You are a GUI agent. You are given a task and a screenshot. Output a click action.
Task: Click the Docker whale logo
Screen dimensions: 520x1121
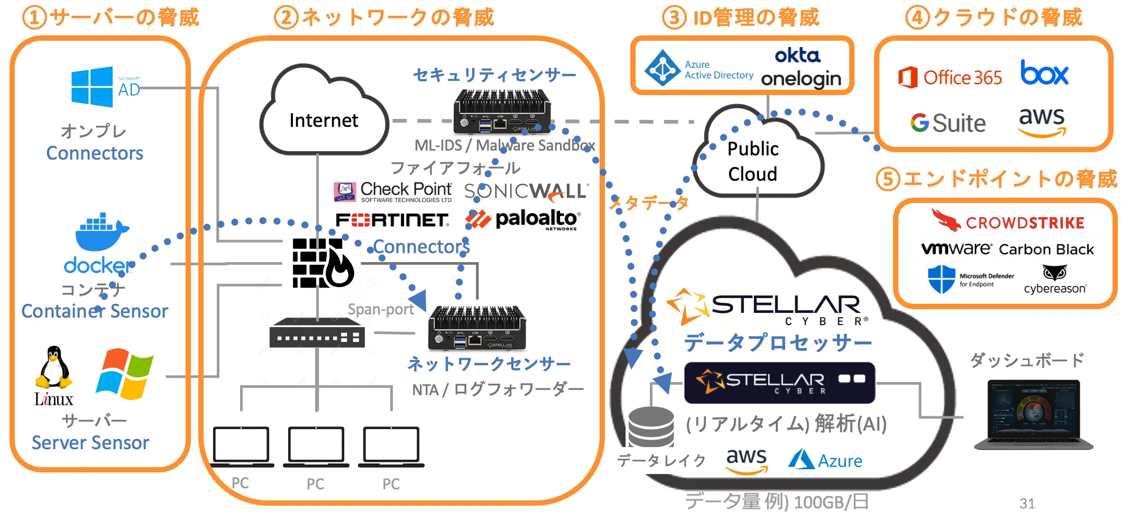[100, 233]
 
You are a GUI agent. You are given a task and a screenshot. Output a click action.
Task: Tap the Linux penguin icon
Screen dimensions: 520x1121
[53, 368]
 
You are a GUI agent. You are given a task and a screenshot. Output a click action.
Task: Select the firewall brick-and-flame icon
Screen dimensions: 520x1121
[322, 263]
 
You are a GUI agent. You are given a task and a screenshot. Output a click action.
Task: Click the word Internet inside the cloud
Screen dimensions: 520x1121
[324, 120]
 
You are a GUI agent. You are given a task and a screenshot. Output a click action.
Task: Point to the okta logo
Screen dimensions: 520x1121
[797, 55]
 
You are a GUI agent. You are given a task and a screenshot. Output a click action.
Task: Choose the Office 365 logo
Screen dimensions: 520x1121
[950, 78]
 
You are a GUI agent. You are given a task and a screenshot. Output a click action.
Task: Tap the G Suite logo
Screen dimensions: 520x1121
[948, 123]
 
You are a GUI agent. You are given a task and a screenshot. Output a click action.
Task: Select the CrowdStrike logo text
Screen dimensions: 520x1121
[1024, 222]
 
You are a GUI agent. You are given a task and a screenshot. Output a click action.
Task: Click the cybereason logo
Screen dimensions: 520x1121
[1055, 281]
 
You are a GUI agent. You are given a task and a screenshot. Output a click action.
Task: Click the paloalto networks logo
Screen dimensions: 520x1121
[523, 219]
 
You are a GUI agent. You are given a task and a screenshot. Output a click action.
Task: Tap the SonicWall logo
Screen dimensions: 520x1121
[526, 191]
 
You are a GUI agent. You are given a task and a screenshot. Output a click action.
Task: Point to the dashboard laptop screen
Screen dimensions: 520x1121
[1033, 410]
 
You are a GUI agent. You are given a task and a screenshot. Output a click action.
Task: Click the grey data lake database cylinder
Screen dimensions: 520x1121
[651, 427]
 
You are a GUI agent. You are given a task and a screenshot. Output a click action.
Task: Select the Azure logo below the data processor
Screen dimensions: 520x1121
[825, 460]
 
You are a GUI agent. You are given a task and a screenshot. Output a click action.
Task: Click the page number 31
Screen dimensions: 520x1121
[1027, 503]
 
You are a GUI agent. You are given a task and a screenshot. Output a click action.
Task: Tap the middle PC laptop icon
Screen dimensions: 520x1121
[316, 445]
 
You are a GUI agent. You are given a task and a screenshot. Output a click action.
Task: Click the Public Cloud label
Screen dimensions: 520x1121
[753, 161]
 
